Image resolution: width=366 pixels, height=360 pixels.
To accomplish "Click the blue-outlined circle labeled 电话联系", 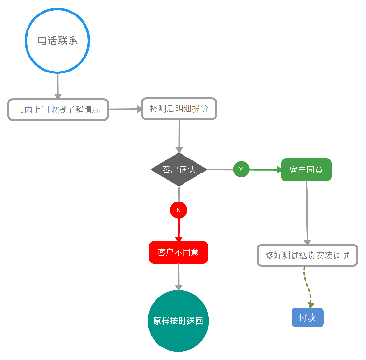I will pyautogui.click(x=57, y=41).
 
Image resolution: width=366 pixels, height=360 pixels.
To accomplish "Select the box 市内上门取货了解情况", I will pyautogui.click(x=58, y=110).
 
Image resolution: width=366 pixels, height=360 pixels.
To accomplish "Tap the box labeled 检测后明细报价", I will pyautogui.click(x=179, y=109).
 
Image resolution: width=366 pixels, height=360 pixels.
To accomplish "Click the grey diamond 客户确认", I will pyautogui.click(x=179, y=170).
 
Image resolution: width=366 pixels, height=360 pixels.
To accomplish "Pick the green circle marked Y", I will pyautogui.click(x=241, y=169).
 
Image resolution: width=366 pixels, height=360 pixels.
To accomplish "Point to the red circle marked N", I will pyautogui.click(x=179, y=210).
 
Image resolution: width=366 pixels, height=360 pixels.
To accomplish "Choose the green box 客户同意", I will pyautogui.click(x=306, y=170).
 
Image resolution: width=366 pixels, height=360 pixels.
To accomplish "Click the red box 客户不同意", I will pyautogui.click(x=178, y=252).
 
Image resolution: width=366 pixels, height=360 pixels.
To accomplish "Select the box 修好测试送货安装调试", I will pyautogui.click(x=307, y=255).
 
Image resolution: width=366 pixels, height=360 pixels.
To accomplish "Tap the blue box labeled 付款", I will pyautogui.click(x=307, y=317).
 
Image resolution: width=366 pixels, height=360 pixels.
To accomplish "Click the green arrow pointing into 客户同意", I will pyautogui.click(x=265, y=170).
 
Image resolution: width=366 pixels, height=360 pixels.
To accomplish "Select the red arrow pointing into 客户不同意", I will pyautogui.click(x=179, y=230).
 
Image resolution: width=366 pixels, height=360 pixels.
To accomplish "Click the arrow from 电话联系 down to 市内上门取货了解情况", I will pyautogui.click(x=58, y=86).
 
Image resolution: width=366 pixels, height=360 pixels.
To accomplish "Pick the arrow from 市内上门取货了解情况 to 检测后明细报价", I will pyautogui.click(x=125, y=109).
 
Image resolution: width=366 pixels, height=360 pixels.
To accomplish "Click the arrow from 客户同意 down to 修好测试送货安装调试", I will pyautogui.click(x=307, y=213).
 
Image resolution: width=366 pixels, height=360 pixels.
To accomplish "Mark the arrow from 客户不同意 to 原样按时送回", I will pyautogui.click(x=179, y=276).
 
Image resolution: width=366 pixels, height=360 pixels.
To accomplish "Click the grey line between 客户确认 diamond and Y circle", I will pyautogui.click(x=220, y=169).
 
